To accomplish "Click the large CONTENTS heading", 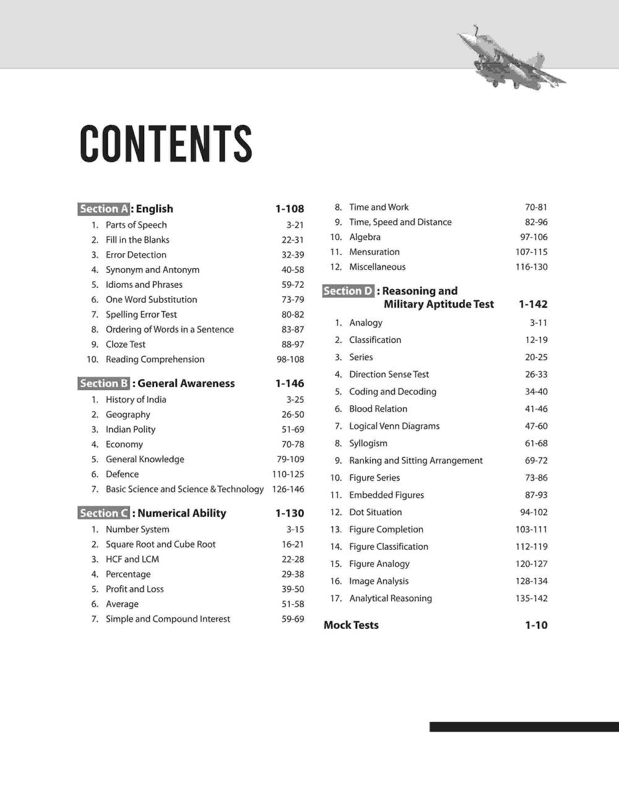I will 166,144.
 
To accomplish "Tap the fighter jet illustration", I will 509,58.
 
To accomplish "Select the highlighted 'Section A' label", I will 103,209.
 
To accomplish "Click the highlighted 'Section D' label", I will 348,291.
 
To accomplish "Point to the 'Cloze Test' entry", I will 126,344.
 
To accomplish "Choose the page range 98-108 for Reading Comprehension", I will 290,359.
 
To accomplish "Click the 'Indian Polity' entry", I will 131,429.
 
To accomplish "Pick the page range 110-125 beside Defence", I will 288,474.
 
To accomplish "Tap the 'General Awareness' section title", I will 186,383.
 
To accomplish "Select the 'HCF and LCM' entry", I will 132,559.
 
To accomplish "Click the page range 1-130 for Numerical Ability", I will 290,513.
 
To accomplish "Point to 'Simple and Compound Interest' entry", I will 168,619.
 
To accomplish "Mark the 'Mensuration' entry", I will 374,252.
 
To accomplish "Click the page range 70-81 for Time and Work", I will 536,207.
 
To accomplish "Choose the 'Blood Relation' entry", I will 378,408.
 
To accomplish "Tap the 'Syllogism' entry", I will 368,443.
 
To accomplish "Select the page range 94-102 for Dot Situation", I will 534,512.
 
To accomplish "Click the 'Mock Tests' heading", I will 351,625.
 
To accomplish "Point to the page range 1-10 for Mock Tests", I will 536,625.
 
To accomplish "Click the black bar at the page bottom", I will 524,727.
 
